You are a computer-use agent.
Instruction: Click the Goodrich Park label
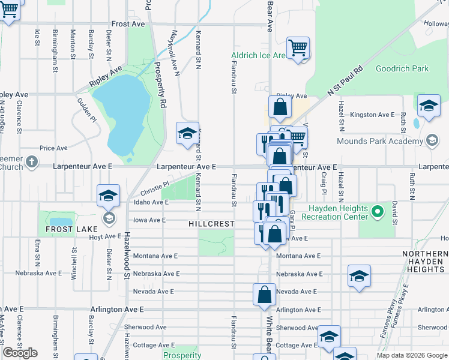pos(402,68)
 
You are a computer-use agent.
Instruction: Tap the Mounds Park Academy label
pos(388,141)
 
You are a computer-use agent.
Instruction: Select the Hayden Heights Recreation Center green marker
pos(377,212)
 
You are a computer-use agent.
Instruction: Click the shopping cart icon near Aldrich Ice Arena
pos(298,47)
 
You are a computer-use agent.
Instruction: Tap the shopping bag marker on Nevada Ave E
pos(264,295)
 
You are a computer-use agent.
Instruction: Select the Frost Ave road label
pos(128,24)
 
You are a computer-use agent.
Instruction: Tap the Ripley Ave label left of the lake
pos(13,95)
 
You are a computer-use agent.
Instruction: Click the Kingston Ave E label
pos(372,115)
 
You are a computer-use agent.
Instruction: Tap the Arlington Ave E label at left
pos(117,310)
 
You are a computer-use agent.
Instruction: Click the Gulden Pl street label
pos(87,110)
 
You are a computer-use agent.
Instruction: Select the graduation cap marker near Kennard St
pos(187,133)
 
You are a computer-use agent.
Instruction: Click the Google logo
pos(20,353)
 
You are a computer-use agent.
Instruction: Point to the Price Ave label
pos(53,148)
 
